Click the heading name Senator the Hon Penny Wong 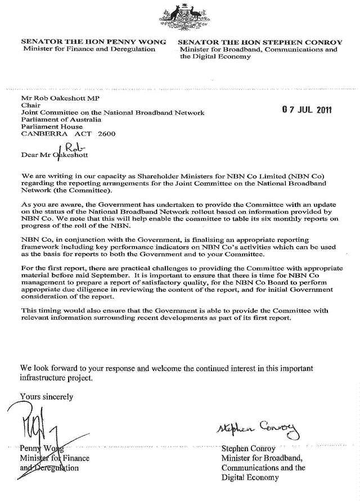[94, 42]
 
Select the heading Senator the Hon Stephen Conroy [258, 42]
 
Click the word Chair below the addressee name [30, 105]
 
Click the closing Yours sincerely [47, 396]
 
